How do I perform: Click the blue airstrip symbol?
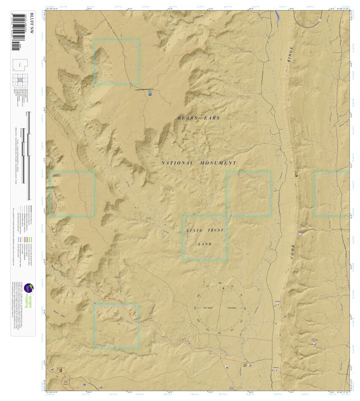click(x=150, y=94)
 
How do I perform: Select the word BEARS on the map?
click(x=187, y=118)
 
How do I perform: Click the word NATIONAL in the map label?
click(x=177, y=163)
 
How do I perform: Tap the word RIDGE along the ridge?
click(x=290, y=54)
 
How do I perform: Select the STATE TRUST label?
click(x=205, y=231)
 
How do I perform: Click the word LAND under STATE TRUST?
click(x=205, y=244)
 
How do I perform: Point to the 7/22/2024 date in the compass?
click(x=233, y=308)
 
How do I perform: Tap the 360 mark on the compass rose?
click(x=220, y=283)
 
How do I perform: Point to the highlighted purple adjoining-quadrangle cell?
click(x=20, y=79)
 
